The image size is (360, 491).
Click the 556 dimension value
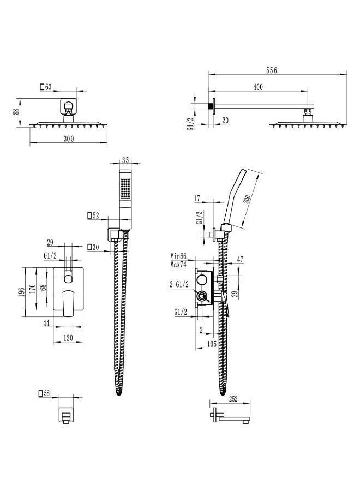[x=272, y=70]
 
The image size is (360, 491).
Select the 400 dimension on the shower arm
[x=257, y=87]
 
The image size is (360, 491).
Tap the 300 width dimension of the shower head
[x=69, y=138]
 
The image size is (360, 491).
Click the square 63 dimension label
[x=46, y=87]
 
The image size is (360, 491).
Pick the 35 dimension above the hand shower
[x=125, y=160]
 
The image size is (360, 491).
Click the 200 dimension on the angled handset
[x=247, y=200]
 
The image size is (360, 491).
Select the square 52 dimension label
[x=93, y=215]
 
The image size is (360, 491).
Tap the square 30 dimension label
[x=93, y=247]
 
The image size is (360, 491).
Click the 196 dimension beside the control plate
[x=21, y=292]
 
